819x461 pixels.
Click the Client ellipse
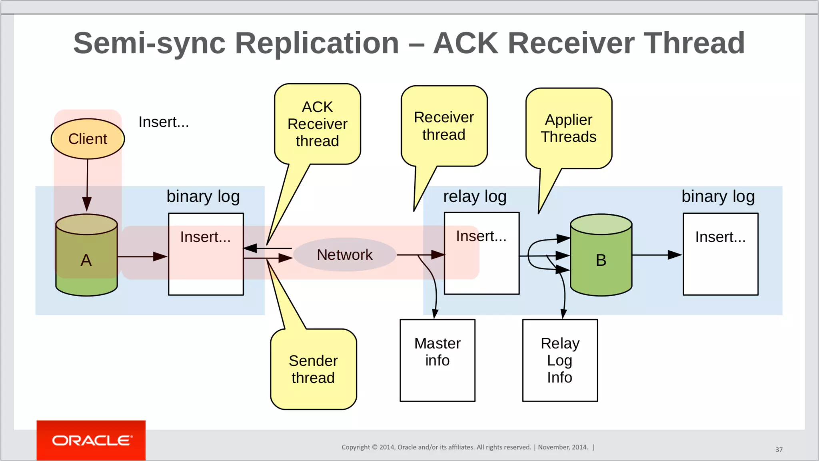click(x=88, y=139)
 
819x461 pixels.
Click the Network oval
click(x=345, y=255)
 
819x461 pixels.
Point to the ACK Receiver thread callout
click(x=318, y=124)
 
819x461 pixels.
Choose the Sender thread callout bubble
click(x=314, y=369)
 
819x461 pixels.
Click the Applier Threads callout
click(x=569, y=128)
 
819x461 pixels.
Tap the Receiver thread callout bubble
click(x=444, y=126)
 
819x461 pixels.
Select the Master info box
click(x=437, y=360)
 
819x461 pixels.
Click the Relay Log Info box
click(x=560, y=360)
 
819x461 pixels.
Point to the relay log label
click(x=475, y=196)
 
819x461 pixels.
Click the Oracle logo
click(x=91, y=440)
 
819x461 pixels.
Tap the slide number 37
click(x=779, y=450)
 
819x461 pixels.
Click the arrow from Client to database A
click(x=87, y=184)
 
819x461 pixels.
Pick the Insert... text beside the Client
click(x=164, y=122)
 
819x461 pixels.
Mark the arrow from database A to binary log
click(x=142, y=257)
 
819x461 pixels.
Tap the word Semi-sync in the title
click(x=149, y=43)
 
